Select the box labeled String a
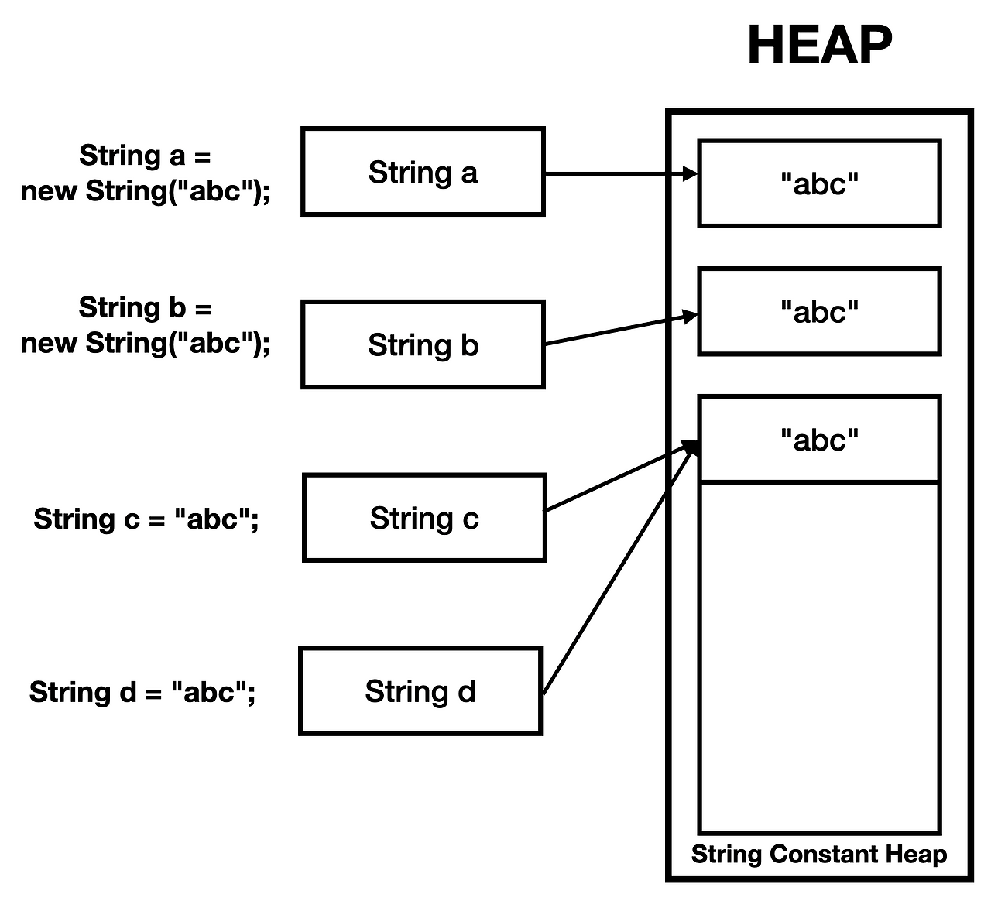pos(423,172)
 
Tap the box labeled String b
pos(423,344)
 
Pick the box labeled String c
pos(424,518)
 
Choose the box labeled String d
pos(420,690)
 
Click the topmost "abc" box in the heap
pos(819,183)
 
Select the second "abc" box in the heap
pos(819,312)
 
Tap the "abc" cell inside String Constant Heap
pos(819,440)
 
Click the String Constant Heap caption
pos(819,854)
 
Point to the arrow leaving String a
pos(612,174)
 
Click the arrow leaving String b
pos(612,331)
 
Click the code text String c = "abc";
pos(146,519)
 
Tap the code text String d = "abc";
pos(142,691)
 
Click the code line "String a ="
pos(145,156)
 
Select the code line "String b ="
pos(145,307)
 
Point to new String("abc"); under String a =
pos(146,190)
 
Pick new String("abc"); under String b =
pos(146,342)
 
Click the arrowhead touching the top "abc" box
pos(691,174)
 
